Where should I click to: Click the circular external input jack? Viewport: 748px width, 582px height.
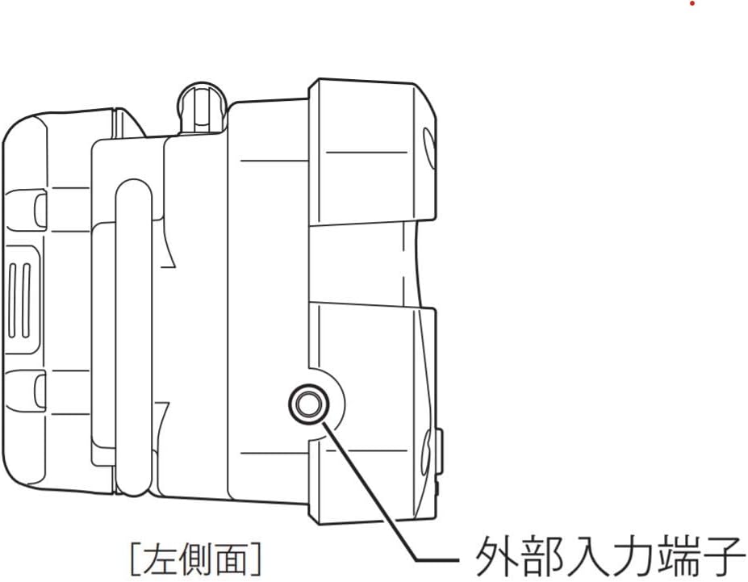pos(307,403)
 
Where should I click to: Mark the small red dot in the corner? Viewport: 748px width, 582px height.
pos(692,4)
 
